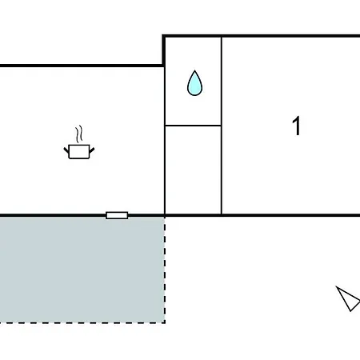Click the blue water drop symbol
point(194,83)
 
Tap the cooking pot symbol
point(79,151)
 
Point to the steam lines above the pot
point(78,134)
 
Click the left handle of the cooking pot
point(66,150)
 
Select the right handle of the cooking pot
point(92,150)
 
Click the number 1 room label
point(297,126)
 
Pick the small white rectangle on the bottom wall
point(117,215)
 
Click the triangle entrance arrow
point(348,298)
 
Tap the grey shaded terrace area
point(82,270)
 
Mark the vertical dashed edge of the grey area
point(165,270)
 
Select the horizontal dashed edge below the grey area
point(82,322)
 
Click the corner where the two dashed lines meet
point(165,322)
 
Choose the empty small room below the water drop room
point(193,170)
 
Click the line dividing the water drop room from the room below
point(193,125)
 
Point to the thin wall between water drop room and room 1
point(222,126)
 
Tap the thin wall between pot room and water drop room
point(165,140)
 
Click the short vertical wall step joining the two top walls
point(163,50)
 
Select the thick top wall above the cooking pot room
point(82,66)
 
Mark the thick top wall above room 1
point(262,36)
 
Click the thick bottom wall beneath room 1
point(290,215)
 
